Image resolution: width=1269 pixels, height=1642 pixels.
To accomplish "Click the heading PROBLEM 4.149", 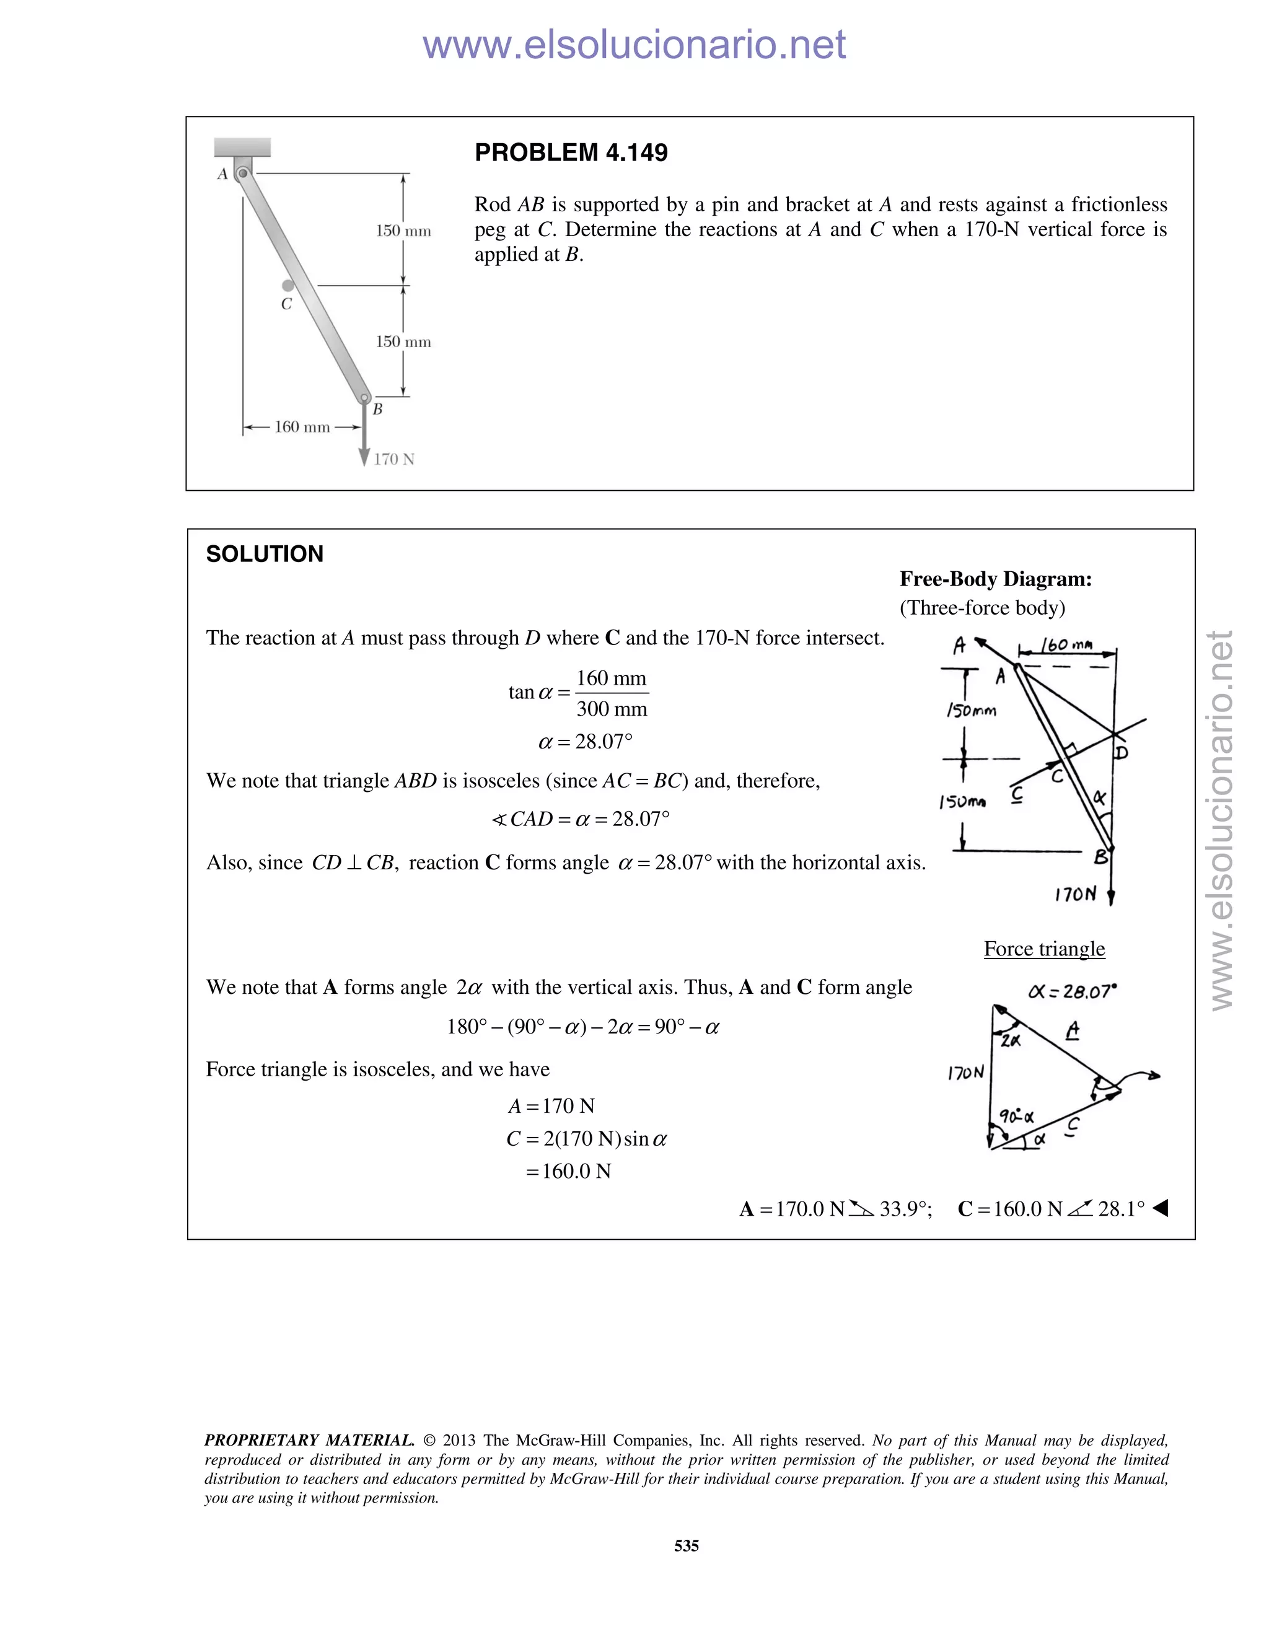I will point(571,152).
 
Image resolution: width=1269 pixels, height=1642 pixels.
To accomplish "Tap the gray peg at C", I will point(288,286).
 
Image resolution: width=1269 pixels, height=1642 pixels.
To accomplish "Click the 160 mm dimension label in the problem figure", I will point(302,427).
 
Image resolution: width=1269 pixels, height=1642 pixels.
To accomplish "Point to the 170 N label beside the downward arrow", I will point(394,459).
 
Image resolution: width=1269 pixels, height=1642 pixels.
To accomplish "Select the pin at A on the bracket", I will point(242,173).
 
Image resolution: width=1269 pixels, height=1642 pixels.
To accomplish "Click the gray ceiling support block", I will point(242,147).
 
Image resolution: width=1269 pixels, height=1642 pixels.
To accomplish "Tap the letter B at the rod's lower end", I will point(377,409).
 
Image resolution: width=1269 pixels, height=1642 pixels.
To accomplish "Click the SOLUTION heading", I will point(265,554).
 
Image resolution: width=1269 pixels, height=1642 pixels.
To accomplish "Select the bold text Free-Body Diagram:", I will point(995,579).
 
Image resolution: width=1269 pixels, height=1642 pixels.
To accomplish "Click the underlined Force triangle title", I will point(1043,949).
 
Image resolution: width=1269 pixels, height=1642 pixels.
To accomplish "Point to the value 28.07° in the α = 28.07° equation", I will point(604,742).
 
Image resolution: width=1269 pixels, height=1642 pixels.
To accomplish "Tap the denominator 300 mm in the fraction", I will point(611,709).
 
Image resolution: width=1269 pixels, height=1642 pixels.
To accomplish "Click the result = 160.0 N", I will point(568,1171).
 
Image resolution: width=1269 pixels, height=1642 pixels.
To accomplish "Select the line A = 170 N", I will point(551,1106).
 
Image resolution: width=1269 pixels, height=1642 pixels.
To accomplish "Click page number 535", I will point(687,1546).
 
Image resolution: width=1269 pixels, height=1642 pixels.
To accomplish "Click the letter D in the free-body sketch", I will point(1121,753).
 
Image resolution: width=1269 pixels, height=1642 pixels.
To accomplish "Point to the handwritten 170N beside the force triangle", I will point(965,1073).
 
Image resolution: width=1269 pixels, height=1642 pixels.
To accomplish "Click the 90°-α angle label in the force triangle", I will point(1016,1117).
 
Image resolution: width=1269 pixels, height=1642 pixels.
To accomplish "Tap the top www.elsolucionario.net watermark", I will point(634,45).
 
